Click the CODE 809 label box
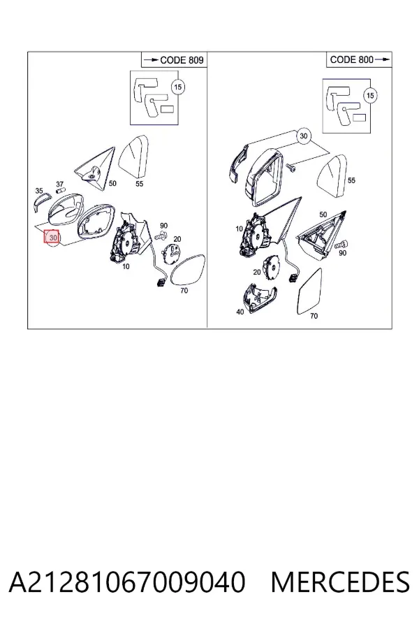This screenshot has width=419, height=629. tap(174, 60)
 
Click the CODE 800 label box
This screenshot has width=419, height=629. tap(359, 60)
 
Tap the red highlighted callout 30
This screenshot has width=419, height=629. tap(51, 237)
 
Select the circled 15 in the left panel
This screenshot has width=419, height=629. tap(177, 87)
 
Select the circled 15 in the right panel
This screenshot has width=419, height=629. tap(370, 96)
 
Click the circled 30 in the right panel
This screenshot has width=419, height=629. tap(304, 136)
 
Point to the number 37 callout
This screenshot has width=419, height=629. tap(59, 185)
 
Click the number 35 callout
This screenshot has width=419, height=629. tap(39, 191)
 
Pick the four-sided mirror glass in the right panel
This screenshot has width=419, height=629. tap(309, 292)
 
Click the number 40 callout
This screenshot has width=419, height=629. tap(240, 312)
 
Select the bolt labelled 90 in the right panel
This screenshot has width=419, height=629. tap(341, 244)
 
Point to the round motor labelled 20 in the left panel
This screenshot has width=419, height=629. tap(171, 253)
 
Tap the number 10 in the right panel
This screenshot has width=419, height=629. tap(239, 229)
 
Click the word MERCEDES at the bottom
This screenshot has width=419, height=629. tap(340, 582)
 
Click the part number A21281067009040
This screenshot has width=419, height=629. tap(126, 582)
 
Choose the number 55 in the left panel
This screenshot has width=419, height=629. tap(139, 184)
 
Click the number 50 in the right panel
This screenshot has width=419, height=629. tap(323, 215)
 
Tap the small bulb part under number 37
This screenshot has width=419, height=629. tap(61, 189)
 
